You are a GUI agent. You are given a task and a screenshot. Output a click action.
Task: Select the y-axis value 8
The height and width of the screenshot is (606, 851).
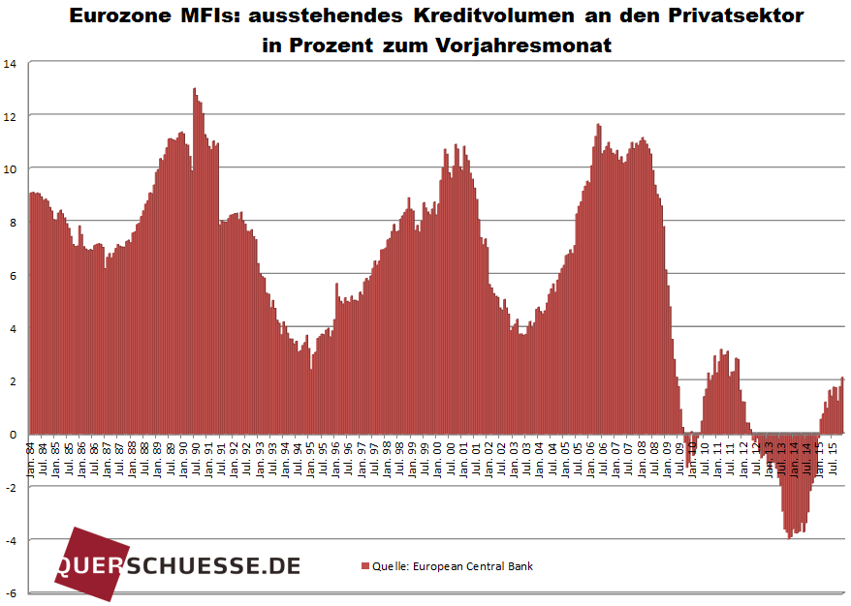click(x=13, y=223)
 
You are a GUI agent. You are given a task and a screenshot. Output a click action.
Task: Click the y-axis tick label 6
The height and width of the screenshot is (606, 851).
click(x=13, y=276)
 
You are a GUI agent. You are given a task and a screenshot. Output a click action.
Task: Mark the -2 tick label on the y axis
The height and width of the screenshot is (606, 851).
click(x=11, y=487)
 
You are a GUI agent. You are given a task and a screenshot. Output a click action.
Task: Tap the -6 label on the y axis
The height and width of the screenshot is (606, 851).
click(x=11, y=592)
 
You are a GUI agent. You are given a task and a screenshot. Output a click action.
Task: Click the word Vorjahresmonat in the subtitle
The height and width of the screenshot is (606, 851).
click(x=532, y=45)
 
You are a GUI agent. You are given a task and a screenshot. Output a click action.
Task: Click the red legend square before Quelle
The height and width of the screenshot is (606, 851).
click(x=365, y=566)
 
